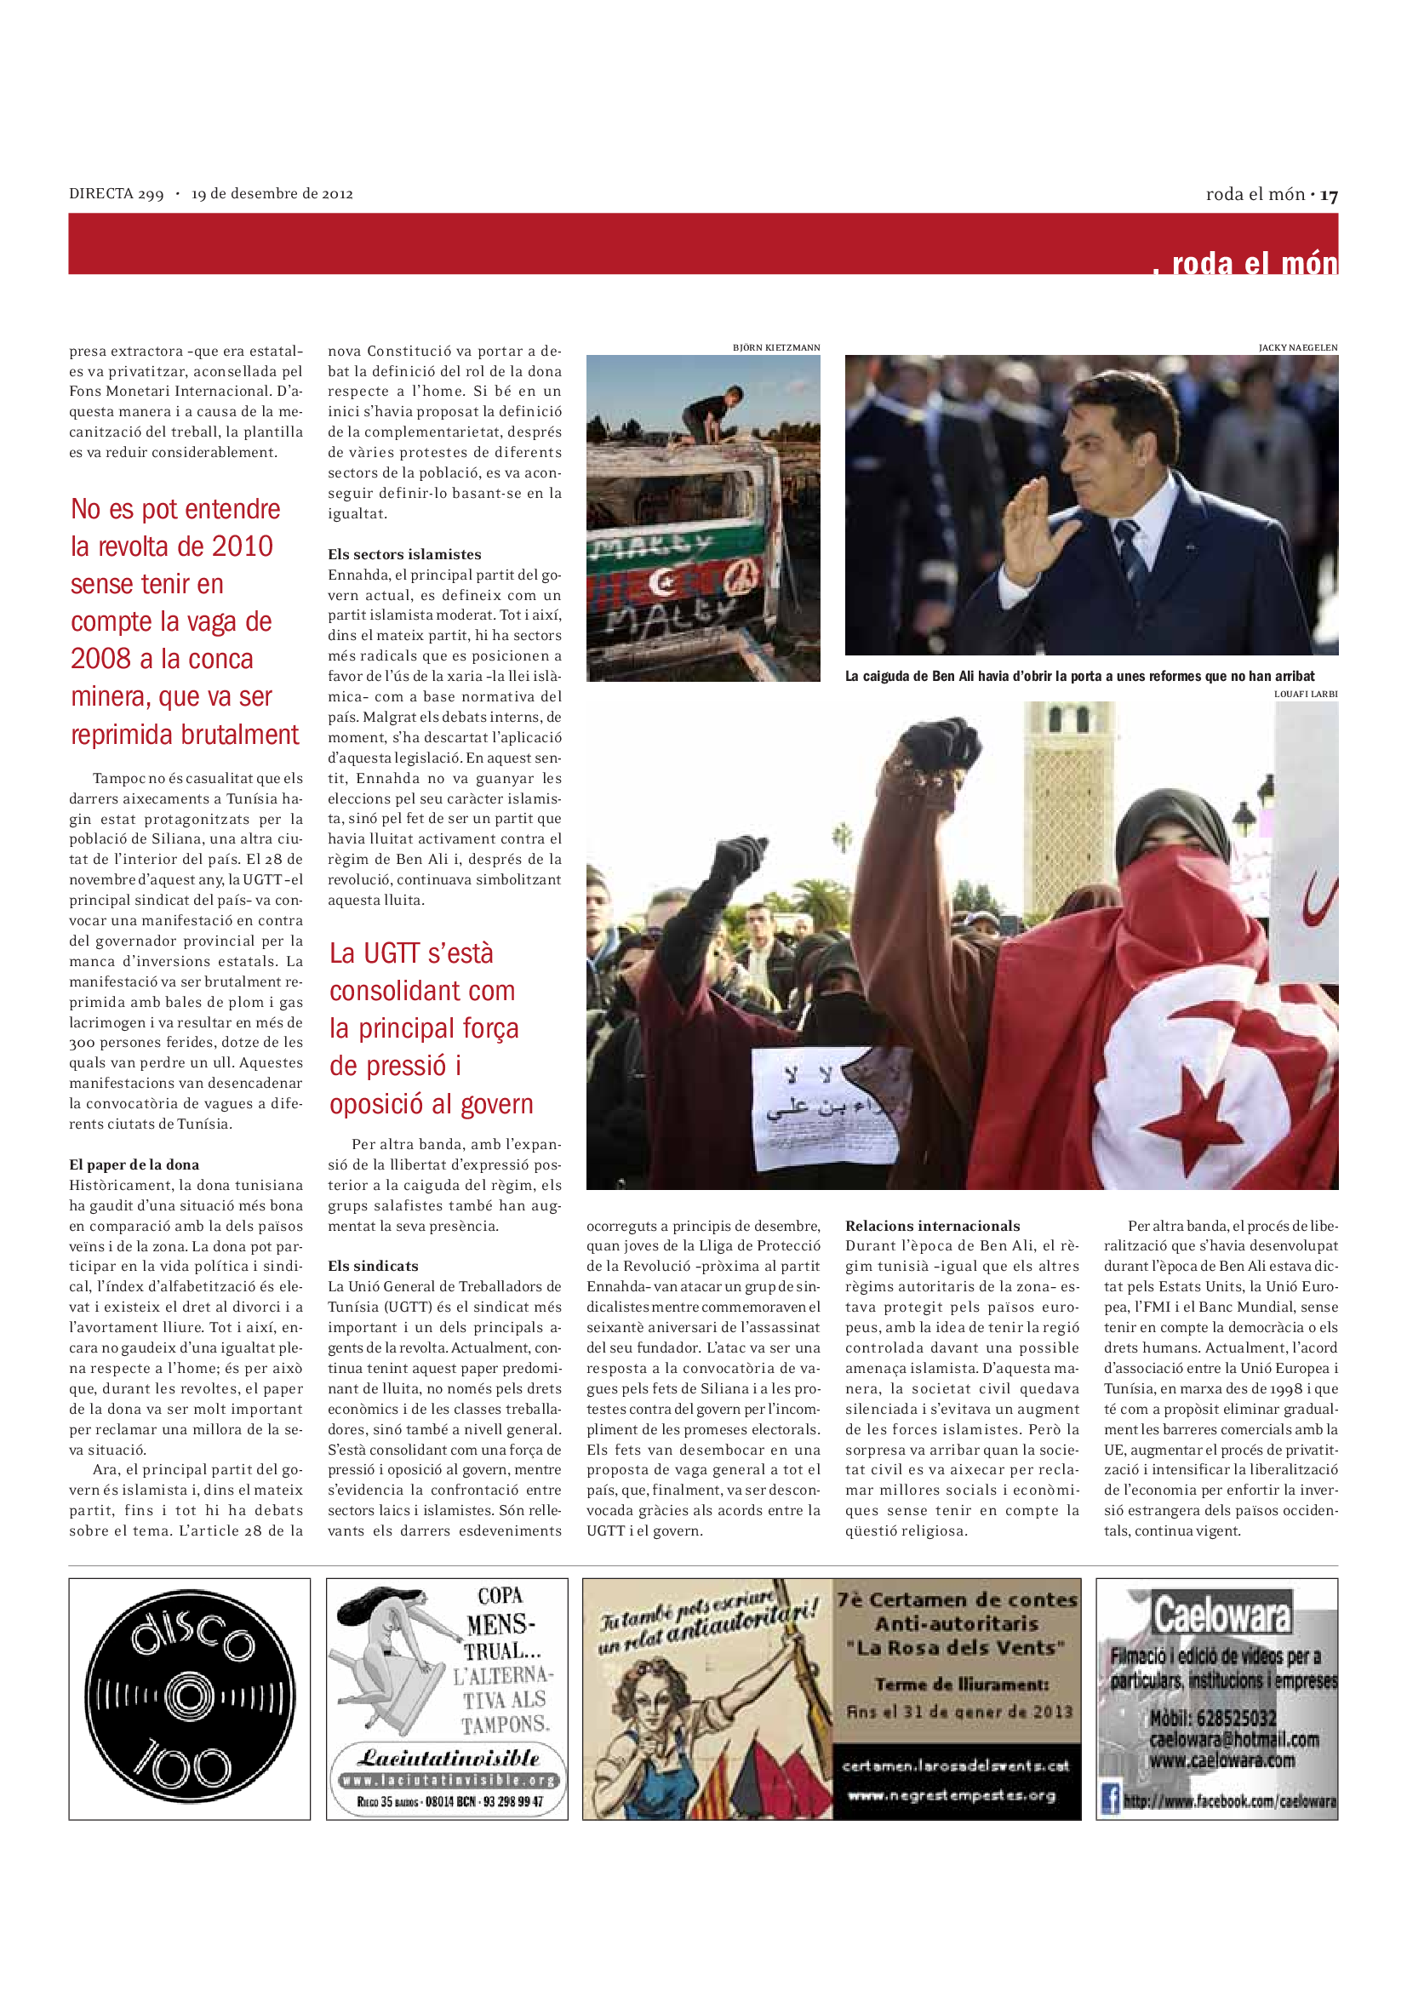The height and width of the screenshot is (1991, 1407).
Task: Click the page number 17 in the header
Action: coord(1329,195)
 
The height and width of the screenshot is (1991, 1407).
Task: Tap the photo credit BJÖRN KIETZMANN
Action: coord(776,348)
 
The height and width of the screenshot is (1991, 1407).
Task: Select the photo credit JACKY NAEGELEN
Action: coord(1298,348)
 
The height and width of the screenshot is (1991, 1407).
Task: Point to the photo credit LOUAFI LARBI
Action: coord(1306,694)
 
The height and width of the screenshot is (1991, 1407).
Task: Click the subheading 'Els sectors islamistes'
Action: coord(404,554)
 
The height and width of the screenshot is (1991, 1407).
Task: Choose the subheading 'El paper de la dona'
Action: coord(134,1164)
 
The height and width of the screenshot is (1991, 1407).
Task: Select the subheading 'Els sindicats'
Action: coord(373,1266)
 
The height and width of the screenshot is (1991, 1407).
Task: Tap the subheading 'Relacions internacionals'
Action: coord(932,1225)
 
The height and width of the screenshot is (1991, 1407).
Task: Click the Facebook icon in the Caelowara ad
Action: coord(1110,1799)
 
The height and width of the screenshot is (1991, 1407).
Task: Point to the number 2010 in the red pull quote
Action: coord(243,546)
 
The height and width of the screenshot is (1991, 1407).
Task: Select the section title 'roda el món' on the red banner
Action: coord(1254,263)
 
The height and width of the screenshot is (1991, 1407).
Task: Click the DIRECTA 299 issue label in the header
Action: coord(116,193)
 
